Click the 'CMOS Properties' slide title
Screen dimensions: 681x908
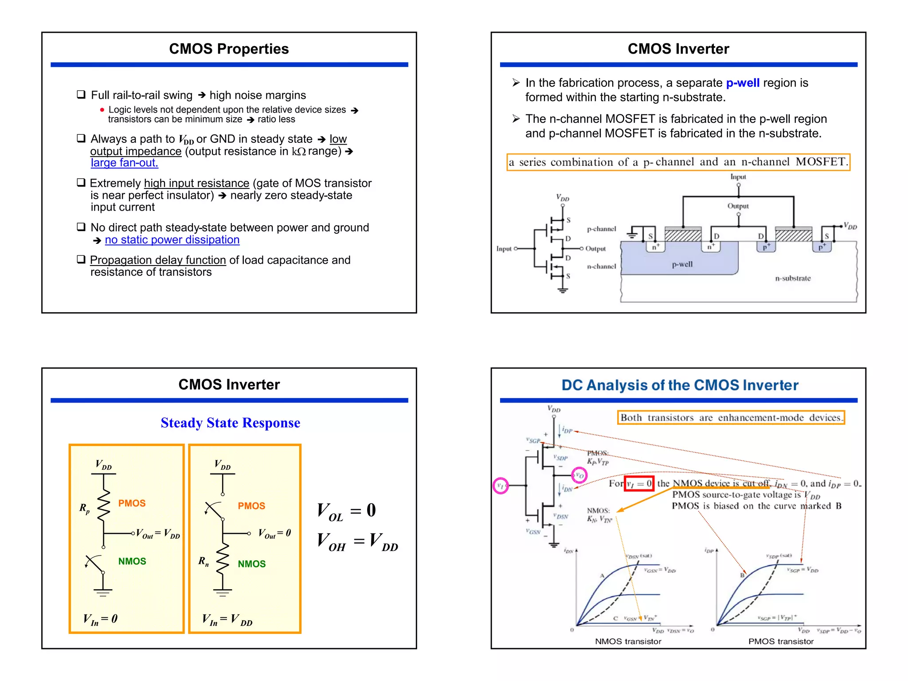pos(229,49)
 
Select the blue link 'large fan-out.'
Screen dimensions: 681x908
pos(124,163)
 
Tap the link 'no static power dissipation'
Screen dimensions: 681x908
pos(172,240)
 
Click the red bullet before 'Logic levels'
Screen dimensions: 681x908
pos(102,110)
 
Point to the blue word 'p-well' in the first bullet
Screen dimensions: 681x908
pos(743,83)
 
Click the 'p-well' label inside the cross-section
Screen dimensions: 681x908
pos(682,264)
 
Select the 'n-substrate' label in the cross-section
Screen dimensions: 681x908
pos(793,278)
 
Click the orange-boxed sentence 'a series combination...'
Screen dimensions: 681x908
pos(678,162)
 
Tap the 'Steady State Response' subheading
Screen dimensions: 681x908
pos(230,423)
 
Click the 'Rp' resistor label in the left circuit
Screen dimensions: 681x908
pos(85,508)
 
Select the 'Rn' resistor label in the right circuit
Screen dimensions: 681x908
pos(204,561)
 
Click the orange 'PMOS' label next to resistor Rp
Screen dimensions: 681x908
pos(132,503)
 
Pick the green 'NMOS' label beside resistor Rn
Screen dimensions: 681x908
pos(251,564)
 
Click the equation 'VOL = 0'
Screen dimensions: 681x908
pos(346,511)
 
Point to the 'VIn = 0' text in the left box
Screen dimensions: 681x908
pos(100,619)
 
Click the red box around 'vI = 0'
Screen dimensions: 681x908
pos(639,483)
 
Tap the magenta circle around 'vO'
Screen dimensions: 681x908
pos(579,475)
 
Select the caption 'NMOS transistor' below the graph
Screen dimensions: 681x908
pos(628,641)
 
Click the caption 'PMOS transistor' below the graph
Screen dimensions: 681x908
pos(781,641)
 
